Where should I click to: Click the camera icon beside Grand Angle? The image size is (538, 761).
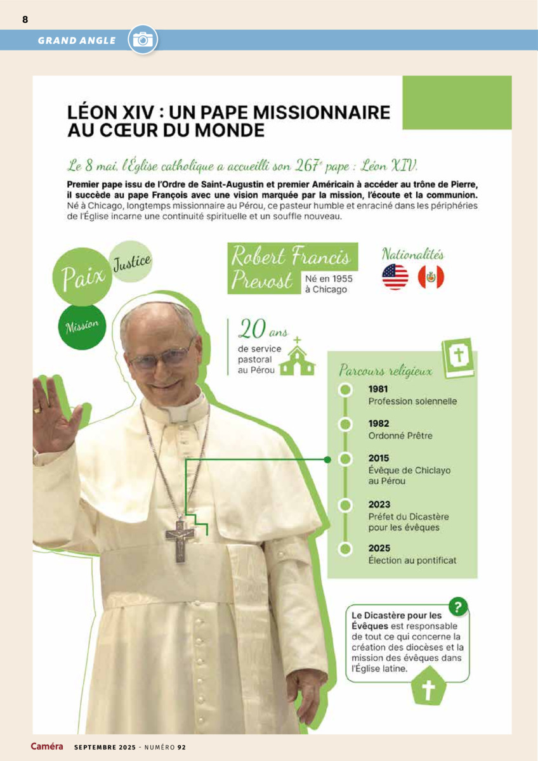(x=143, y=40)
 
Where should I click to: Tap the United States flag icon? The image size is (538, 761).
(x=395, y=277)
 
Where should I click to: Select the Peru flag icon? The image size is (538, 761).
(x=431, y=277)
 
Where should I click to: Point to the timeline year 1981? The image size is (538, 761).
(x=379, y=389)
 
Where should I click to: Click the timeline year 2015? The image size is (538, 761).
(x=379, y=458)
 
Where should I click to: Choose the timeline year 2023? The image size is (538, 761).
(x=379, y=505)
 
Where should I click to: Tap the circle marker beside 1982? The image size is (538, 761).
(x=345, y=424)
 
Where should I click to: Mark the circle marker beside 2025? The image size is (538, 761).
(x=345, y=549)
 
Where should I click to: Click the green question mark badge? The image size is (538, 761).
(x=457, y=607)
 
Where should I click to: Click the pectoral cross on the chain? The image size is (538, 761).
(x=180, y=538)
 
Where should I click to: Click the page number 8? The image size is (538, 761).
(x=25, y=19)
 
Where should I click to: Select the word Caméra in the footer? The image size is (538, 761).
(x=47, y=746)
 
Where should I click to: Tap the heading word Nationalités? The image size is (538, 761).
(x=412, y=255)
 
